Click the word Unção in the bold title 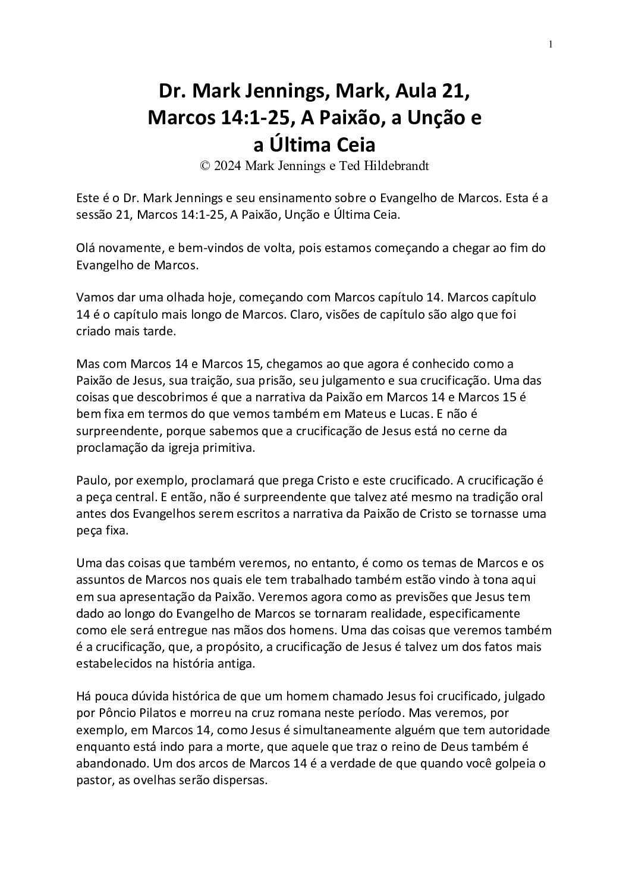(435, 118)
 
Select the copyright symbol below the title (205, 166)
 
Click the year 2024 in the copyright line (228, 166)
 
